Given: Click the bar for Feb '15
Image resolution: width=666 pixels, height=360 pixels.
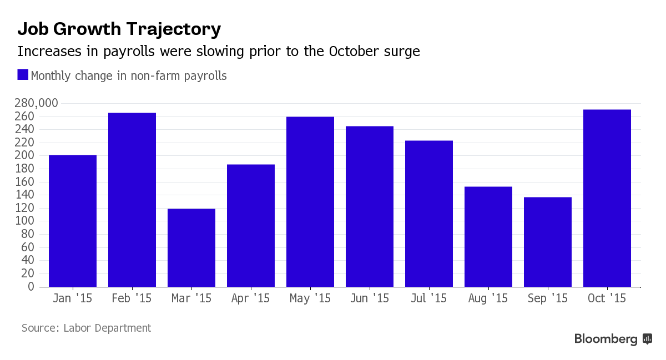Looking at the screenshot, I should [x=132, y=200].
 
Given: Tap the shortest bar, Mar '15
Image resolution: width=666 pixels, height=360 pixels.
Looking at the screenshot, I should [x=191, y=247].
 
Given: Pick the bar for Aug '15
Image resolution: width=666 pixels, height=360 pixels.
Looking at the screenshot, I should [x=488, y=236].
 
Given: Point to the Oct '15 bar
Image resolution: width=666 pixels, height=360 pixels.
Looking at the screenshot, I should [x=607, y=198].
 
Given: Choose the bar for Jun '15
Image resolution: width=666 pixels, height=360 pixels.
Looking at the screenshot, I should [x=370, y=206].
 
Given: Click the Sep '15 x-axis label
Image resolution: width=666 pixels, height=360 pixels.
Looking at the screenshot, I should [x=548, y=298].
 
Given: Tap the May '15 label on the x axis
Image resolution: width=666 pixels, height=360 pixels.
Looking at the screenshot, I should [x=310, y=298].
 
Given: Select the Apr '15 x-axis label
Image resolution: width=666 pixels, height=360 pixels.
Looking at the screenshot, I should [x=251, y=298].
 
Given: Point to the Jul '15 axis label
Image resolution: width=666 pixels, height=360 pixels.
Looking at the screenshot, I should [x=429, y=298].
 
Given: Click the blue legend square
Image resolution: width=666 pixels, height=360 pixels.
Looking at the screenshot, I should [x=23, y=75].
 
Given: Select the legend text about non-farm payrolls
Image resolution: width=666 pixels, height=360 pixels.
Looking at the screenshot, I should [x=129, y=76].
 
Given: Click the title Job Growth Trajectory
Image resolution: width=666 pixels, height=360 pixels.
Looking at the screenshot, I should [x=119, y=29].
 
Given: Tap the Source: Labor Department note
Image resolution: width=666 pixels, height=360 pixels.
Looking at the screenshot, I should [x=86, y=328].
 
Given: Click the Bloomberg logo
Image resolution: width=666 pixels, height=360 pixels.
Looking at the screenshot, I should [x=613, y=339].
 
